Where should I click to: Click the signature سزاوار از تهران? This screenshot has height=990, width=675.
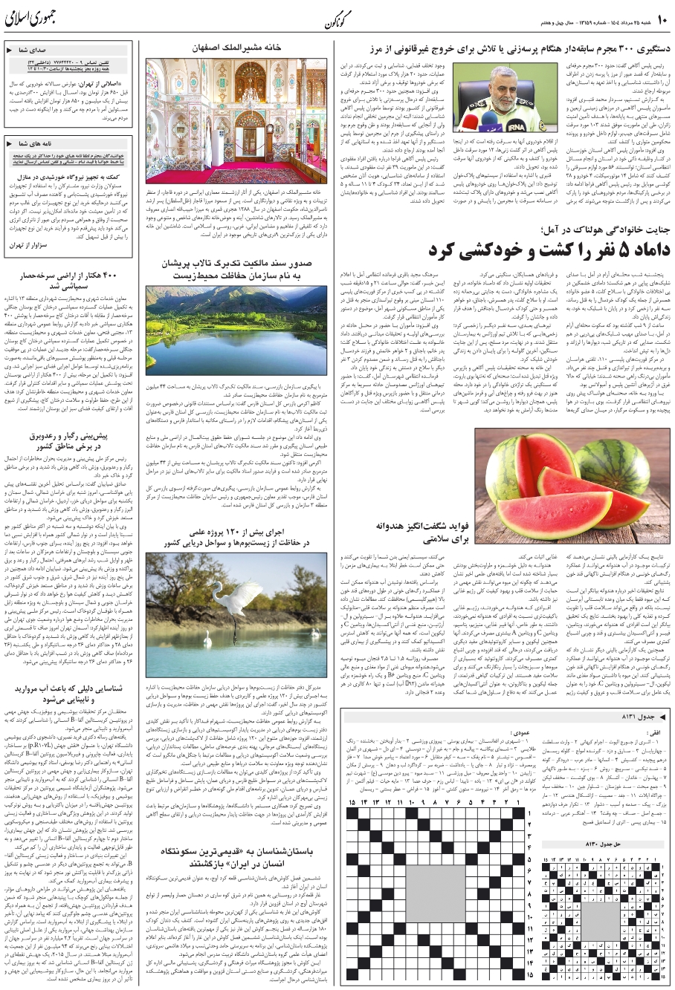click(30, 244)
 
